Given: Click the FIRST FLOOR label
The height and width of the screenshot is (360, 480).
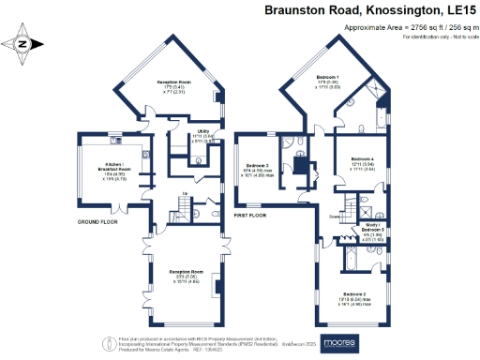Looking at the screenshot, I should pos(250,216).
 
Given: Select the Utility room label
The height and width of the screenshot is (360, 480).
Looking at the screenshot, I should pos(202,131).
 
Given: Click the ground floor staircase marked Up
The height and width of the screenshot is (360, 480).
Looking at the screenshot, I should pos(184,205).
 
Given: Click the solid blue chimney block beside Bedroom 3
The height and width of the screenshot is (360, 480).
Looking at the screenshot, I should pos(304,165).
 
